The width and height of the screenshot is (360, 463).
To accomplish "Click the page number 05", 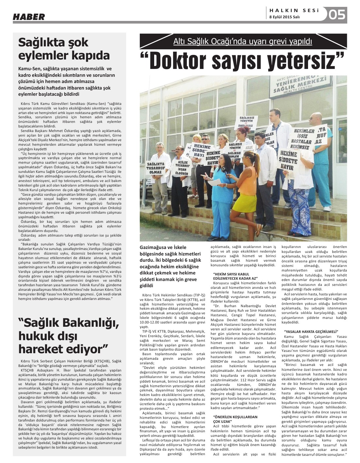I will point(337,14).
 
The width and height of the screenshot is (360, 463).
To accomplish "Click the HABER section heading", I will point(29,17).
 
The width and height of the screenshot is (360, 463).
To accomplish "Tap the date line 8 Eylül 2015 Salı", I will point(285,17).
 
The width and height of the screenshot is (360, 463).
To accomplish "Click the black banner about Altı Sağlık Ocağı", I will point(243,41).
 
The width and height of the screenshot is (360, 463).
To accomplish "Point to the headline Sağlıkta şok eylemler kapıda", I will point(64,48).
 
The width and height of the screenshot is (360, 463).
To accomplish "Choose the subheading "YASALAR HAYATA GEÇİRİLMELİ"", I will point(311,331).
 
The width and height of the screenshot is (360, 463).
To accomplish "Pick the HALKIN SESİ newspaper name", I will point(294,10).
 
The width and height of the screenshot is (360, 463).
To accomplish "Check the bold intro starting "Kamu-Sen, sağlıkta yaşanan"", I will point(67,81).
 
